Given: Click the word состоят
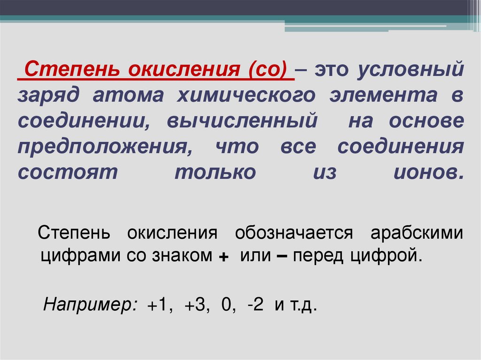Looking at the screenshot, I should click(67, 172).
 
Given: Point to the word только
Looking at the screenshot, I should click(216, 172).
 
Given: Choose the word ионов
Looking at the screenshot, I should click(427, 172).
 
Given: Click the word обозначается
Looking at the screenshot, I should click(294, 232).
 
